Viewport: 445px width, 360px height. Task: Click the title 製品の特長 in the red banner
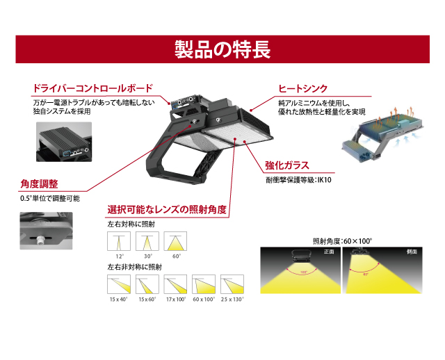[222, 50]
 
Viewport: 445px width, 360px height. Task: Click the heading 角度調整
[40, 184]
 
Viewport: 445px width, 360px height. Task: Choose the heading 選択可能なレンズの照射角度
[167, 209]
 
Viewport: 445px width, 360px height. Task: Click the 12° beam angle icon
[119, 242]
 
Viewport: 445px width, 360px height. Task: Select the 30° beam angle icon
[147, 242]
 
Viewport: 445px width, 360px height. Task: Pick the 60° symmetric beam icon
[176, 242]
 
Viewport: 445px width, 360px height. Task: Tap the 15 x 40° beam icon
[119, 284]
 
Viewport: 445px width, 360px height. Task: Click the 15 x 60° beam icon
[147, 284]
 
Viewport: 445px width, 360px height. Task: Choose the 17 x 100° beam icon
[176, 284]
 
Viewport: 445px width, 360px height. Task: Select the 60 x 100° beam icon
[204, 284]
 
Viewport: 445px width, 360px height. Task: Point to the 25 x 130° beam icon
[232, 284]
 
